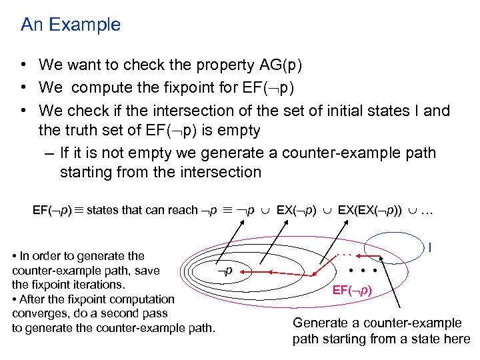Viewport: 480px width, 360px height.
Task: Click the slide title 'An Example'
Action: click(71, 25)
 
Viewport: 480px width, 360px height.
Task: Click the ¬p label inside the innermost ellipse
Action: click(226, 271)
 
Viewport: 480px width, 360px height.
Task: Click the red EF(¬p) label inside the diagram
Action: click(352, 290)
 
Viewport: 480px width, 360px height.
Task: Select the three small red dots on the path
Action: click(343, 254)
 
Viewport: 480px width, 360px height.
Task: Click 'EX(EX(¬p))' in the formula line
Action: click(369, 211)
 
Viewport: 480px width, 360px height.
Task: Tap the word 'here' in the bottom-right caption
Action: click(457, 339)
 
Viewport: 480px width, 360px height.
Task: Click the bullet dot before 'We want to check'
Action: click(23, 65)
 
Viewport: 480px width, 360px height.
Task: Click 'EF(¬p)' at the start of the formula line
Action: click(53, 211)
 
